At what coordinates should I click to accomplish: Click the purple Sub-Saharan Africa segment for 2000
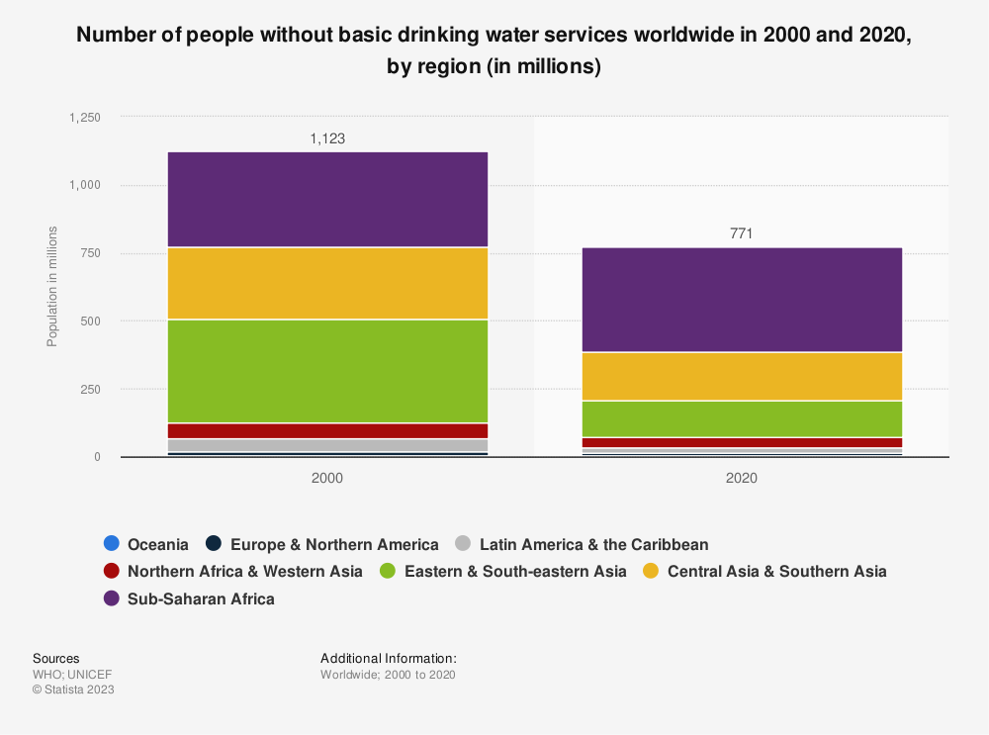click(x=327, y=199)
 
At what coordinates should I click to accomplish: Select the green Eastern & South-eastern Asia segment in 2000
click(x=327, y=371)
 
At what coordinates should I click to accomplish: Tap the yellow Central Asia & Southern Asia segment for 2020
click(x=742, y=376)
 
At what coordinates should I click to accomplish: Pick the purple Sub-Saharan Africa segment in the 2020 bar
click(x=742, y=299)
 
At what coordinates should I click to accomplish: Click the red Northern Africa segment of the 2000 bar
click(x=327, y=430)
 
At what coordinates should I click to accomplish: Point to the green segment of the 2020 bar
click(x=742, y=418)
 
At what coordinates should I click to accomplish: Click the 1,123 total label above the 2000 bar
click(x=327, y=139)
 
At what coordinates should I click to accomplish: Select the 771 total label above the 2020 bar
click(x=742, y=234)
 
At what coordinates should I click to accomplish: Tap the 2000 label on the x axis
click(x=327, y=478)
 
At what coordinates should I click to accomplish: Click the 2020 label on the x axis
click(x=742, y=478)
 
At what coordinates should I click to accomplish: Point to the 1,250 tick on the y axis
click(x=85, y=118)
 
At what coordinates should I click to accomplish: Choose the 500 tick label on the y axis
click(x=91, y=322)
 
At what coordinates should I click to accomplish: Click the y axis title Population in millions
click(x=52, y=287)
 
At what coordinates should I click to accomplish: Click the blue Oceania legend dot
click(x=112, y=544)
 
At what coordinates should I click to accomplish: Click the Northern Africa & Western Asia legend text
click(x=245, y=571)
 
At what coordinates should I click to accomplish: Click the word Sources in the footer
click(x=55, y=658)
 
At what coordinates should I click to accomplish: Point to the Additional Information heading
click(x=388, y=658)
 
